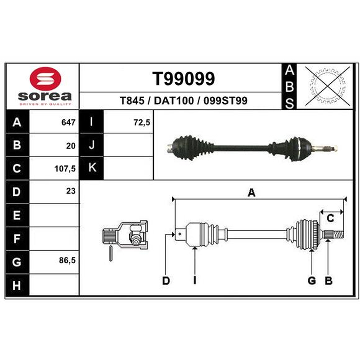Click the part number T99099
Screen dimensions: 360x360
pyautogui.click(x=184, y=78)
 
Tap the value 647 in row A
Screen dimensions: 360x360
pyautogui.click(x=68, y=122)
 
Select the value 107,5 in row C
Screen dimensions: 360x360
pyautogui.click(x=65, y=169)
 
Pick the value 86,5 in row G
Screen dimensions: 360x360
pyautogui.click(x=67, y=261)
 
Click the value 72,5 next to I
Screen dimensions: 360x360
pyautogui.click(x=142, y=122)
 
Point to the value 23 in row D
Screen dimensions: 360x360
pyautogui.click(x=71, y=191)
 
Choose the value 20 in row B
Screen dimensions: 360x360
pyautogui.click(x=71, y=146)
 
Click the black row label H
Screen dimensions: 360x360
pyautogui.click(x=17, y=285)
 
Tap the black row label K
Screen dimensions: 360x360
pyautogui.click(x=91, y=168)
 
